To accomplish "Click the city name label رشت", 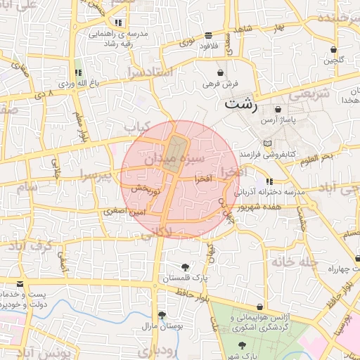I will (241, 104).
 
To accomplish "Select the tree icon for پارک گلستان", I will (185, 267).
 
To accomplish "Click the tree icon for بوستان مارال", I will (162, 315).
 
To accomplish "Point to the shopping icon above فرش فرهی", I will (221, 72).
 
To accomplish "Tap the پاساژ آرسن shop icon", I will (279, 110).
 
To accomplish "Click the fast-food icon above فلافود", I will (208, 35).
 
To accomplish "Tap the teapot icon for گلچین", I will (335, 49).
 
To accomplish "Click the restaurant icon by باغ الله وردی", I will (78, 72).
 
